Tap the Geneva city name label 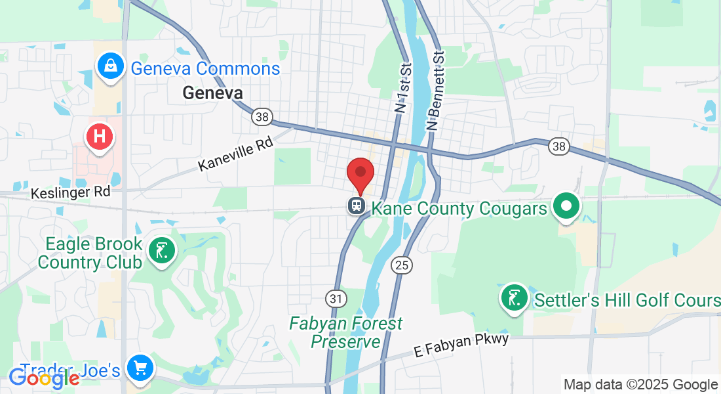point(212,93)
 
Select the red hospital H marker point(100,137)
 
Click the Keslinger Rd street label point(70,193)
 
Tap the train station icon point(357,206)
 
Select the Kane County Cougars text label point(459,209)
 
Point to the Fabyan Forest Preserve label point(347,332)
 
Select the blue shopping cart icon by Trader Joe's point(139,367)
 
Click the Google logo point(44,378)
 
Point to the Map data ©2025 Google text point(640,385)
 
